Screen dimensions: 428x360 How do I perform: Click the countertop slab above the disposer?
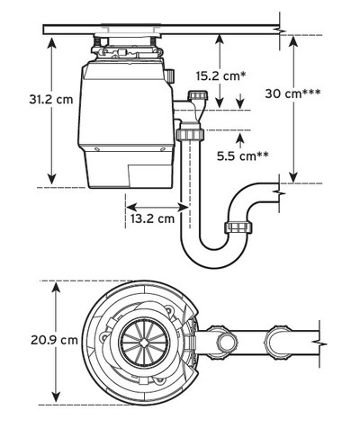coord(162,30)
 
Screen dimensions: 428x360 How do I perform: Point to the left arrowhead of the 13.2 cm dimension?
coord(127,204)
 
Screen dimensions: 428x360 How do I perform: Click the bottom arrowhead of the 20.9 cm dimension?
coord(58,397)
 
